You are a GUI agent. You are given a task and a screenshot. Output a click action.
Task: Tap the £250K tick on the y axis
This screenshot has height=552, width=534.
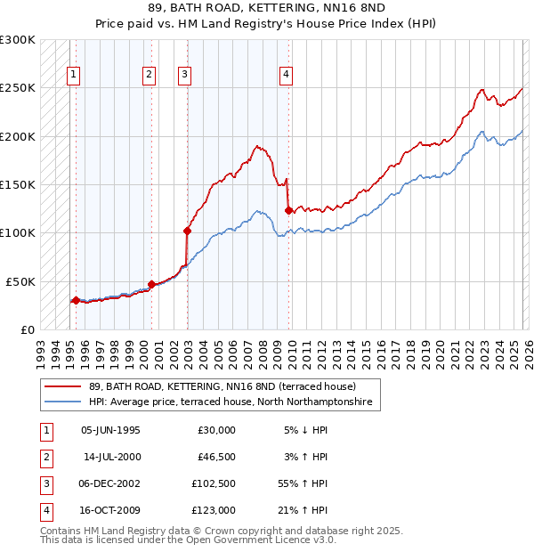(x=18, y=88)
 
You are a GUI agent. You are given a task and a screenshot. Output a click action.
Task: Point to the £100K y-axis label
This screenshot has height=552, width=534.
(x=18, y=232)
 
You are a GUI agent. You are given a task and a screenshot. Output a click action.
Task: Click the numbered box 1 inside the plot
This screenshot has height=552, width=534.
(x=73, y=76)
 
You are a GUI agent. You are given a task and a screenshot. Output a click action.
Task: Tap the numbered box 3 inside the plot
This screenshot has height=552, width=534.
(x=184, y=76)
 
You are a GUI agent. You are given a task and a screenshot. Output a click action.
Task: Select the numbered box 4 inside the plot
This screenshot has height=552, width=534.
(x=286, y=76)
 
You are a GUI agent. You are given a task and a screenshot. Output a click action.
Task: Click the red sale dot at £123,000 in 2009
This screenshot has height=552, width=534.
(x=288, y=211)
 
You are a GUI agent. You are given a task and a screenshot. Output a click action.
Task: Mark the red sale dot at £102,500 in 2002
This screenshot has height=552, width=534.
(x=187, y=231)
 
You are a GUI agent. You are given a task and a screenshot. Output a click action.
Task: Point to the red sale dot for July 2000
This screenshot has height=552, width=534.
(x=151, y=285)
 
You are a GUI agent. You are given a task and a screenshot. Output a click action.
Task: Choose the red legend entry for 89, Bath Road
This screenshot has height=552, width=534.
(x=222, y=387)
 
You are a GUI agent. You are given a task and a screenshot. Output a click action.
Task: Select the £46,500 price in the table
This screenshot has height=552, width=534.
(x=216, y=458)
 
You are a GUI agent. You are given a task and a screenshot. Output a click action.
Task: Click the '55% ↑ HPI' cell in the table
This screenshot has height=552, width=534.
(x=303, y=485)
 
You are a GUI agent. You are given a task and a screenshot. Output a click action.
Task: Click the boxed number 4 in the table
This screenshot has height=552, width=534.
(x=44, y=513)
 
